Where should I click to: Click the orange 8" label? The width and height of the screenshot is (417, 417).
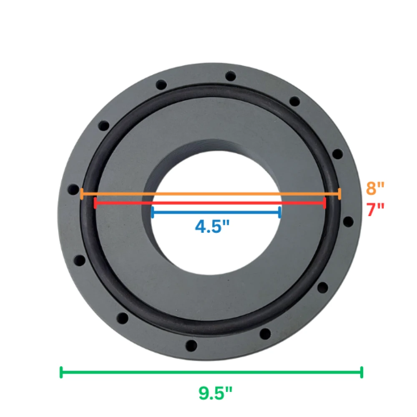pyautogui.click(x=375, y=188)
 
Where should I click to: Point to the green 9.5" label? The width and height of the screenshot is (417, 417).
pyautogui.click(x=215, y=393)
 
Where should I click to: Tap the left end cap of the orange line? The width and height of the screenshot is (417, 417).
pyautogui.click(x=82, y=193)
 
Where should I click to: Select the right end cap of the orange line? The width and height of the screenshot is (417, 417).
pyautogui.click(x=339, y=193)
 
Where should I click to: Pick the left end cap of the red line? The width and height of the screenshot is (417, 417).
pyautogui.click(x=96, y=203)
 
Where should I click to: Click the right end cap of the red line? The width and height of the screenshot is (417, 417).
pyautogui.click(x=324, y=203)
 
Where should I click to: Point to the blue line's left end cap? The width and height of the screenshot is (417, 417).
pyautogui.click(x=153, y=212)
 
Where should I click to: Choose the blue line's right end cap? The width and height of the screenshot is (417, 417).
pyautogui.click(x=280, y=212)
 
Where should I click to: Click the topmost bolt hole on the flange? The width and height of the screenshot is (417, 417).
pyautogui.click(x=230, y=76)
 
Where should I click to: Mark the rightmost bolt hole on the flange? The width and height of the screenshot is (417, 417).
pyautogui.click(x=349, y=221)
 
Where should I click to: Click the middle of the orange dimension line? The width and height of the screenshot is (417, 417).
pyautogui.click(x=211, y=193)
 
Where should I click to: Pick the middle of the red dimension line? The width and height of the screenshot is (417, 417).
pyautogui.click(x=210, y=203)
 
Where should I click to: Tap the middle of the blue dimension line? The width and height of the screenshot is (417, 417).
pyautogui.click(x=216, y=212)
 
